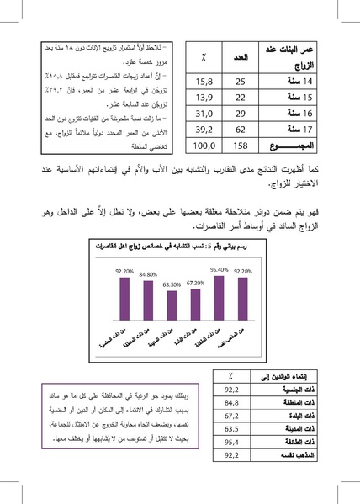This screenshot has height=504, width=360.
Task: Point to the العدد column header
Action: (x=240, y=57)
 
